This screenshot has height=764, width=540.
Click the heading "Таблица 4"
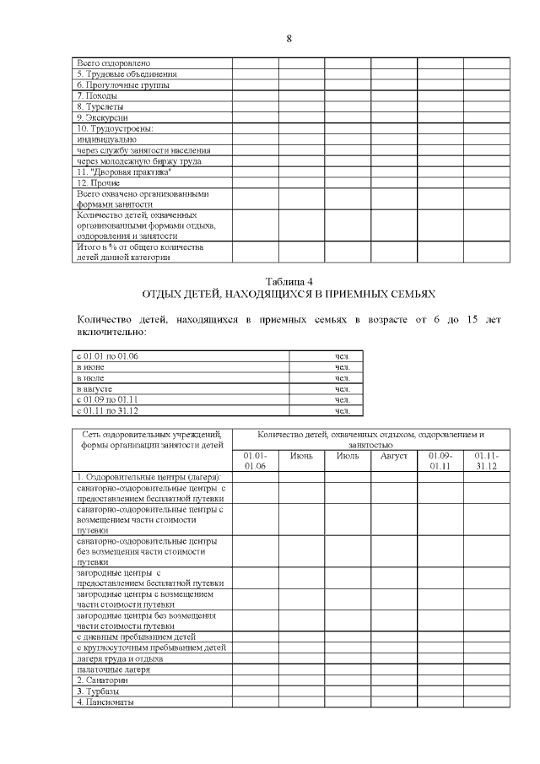[289, 281]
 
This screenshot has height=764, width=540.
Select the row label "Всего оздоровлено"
[114, 62]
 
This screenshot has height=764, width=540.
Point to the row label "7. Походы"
[97, 95]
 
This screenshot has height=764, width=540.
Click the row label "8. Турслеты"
[100, 106]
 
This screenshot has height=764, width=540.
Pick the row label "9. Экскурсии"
[102, 117]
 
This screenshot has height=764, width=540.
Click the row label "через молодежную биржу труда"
[138, 160]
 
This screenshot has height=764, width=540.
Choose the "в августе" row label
[94, 388]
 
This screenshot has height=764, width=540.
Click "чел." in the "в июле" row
[342, 377]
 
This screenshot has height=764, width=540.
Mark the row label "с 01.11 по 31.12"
[107, 410]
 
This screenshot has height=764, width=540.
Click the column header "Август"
[393, 456]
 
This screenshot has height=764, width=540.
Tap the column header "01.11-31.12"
[486, 461]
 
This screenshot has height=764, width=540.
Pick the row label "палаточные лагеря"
[113, 669]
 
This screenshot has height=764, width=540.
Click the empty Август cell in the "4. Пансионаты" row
[393, 702]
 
